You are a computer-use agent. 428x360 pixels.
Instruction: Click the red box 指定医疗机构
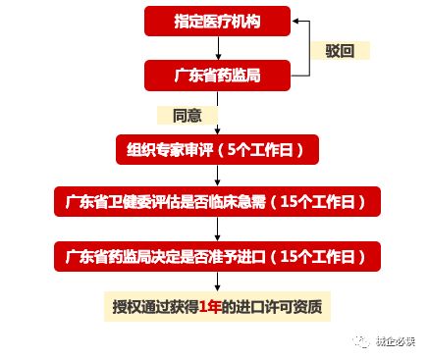[217, 20]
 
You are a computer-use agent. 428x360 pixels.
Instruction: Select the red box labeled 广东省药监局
[217, 74]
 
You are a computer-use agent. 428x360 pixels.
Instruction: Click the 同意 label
[187, 115]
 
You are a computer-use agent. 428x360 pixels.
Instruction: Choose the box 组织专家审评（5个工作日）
[217, 150]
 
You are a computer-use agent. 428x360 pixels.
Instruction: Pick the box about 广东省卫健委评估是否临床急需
[217, 203]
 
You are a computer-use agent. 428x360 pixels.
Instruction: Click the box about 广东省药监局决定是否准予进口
[217, 256]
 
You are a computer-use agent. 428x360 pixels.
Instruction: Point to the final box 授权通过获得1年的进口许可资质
[217, 309]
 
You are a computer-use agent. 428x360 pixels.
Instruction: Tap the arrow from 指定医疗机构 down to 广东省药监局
[217, 47]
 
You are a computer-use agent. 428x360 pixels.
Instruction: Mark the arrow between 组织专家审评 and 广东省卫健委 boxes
[217, 177]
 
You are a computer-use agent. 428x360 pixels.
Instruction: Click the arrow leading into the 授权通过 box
[217, 283]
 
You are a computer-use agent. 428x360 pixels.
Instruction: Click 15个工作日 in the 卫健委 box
[320, 203]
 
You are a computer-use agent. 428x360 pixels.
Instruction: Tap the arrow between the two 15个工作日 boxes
[217, 230]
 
